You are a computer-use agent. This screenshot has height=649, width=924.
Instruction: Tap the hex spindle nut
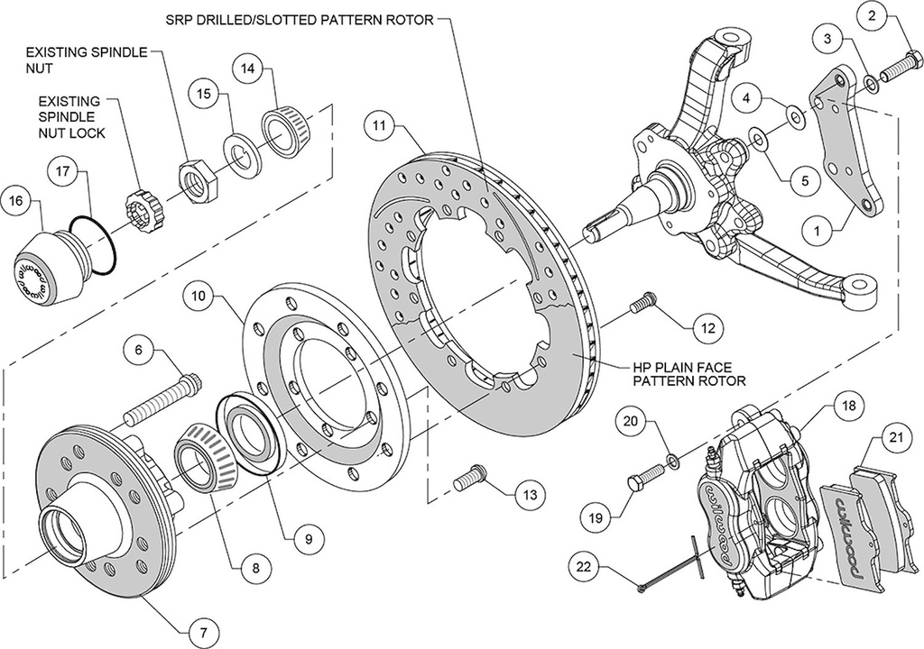click(195, 178)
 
